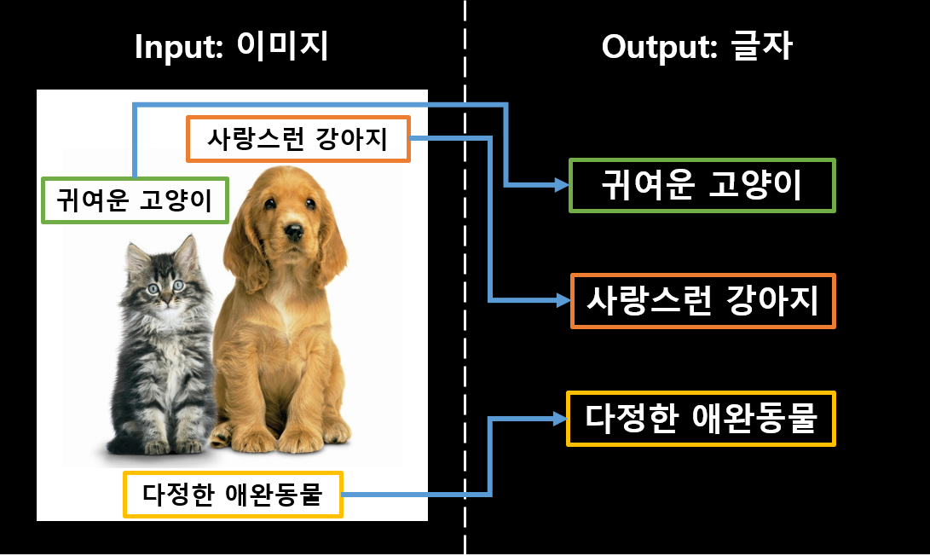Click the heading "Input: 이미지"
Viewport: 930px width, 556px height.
coord(231,47)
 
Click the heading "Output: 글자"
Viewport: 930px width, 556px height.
coord(696,47)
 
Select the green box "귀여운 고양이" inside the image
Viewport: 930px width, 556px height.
coord(135,200)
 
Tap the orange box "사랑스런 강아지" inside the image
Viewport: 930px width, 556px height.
coord(298,139)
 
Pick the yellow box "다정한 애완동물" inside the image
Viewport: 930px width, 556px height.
coord(233,495)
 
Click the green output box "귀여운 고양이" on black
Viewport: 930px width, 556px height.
coord(702,185)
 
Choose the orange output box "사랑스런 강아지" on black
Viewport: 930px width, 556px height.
coord(702,301)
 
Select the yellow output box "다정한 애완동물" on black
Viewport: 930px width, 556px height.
coord(701,419)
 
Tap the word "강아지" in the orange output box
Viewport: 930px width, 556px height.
coord(772,301)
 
